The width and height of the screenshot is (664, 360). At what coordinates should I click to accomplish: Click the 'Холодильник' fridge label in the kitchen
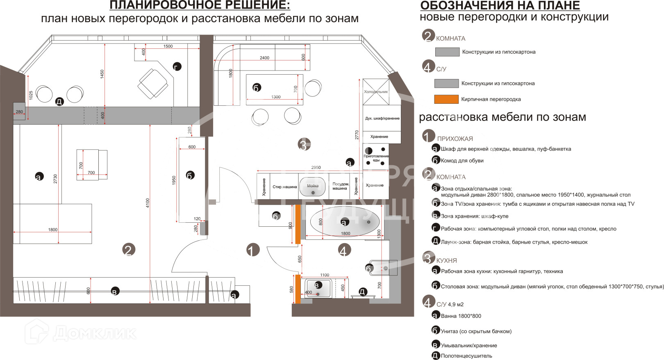click(375, 92)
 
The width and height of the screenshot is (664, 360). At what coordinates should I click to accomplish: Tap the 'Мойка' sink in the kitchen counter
click(313, 187)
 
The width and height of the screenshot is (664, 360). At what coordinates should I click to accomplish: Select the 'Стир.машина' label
click(284, 187)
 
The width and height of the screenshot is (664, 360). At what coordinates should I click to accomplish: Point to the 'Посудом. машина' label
click(340, 186)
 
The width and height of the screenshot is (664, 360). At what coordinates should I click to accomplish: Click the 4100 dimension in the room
click(148, 203)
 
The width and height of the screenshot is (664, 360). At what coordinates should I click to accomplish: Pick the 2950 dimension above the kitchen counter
click(316, 167)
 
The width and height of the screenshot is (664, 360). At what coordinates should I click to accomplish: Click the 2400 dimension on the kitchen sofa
click(264, 58)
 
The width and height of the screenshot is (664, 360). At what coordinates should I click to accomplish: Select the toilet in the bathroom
click(383, 268)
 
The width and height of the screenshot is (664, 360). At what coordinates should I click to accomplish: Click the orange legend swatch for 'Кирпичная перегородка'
click(446, 99)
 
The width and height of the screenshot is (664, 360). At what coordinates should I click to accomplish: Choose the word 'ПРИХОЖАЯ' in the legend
click(455, 139)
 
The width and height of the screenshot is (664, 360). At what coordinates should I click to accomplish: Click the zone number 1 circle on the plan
click(253, 250)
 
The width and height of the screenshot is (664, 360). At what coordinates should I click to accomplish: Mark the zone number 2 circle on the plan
click(129, 250)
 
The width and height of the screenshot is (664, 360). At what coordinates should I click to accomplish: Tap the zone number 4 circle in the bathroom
click(344, 250)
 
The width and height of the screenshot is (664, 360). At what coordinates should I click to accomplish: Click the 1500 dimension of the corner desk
click(168, 46)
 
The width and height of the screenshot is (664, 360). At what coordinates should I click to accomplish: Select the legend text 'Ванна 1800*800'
click(461, 316)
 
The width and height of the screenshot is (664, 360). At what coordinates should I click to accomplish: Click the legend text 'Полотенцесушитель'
click(466, 356)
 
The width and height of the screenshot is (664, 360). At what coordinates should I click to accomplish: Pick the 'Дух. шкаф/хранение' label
click(382, 118)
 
